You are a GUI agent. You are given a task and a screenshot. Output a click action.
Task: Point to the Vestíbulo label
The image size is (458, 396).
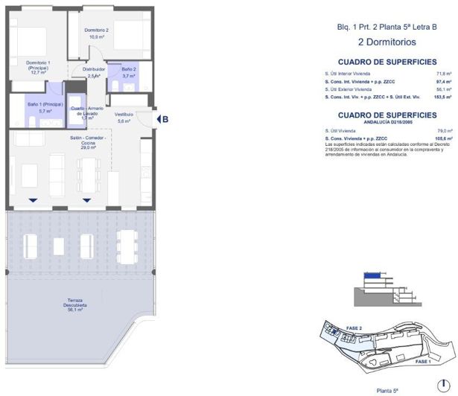(124, 117)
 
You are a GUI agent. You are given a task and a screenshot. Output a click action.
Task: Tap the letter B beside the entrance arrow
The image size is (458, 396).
(165, 118)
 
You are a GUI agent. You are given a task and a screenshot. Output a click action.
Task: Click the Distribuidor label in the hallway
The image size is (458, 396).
(94, 71)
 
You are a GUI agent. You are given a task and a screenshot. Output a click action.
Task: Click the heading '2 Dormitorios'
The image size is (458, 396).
(386, 42)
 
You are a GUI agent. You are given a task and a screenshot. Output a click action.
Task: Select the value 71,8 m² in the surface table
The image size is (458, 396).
(443, 74)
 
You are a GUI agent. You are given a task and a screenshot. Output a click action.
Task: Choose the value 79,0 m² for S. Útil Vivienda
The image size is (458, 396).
(445, 131)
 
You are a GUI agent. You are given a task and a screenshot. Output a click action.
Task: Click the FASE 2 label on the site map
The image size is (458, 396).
(354, 328)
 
